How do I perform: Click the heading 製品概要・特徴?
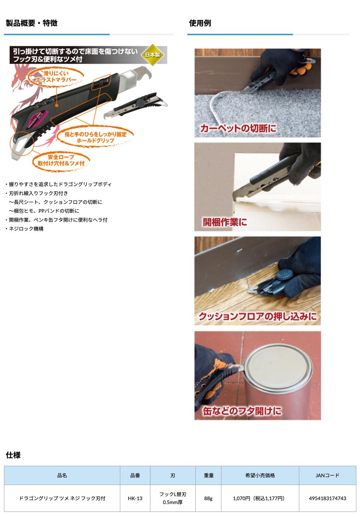click(32, 23)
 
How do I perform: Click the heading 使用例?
click(200, 23)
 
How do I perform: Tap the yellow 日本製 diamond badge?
click(152, 55)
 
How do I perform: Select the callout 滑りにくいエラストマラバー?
click(56, 77)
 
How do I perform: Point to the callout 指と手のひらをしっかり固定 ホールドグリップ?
click(95, 137)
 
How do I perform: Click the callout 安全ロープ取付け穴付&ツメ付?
click(61, 160)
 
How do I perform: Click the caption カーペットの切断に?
click(238, 128)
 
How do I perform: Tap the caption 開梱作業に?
click(225, 222)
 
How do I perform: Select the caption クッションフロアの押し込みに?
click(258, 316)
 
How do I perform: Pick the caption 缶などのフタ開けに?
click(242, 411)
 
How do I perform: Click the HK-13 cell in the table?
click(135, 498)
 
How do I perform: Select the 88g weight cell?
click(208, 498)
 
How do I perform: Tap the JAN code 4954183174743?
click(328, 498)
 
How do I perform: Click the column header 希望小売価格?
click(260, 475)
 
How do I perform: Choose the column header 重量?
click(208, 475)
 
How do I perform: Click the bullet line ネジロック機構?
click(24, 229)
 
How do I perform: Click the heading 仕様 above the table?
click(13, 455)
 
